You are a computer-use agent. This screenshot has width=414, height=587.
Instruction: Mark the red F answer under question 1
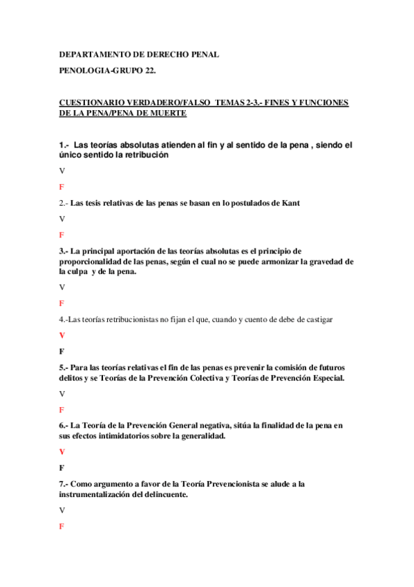[x=62, y=188]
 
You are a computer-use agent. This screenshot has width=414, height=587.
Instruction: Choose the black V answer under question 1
[x=62, y=170]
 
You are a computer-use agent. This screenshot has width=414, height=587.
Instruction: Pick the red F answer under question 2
[x=62, y=235]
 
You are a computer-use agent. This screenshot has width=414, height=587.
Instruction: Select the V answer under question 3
[x=62, y=287]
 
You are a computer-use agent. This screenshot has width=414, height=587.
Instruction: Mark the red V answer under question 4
[x=62, y=335]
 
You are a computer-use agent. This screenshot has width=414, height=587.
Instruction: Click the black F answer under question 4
[x=62, y=351]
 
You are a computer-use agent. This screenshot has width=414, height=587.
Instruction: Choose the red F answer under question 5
[x=62, y=410]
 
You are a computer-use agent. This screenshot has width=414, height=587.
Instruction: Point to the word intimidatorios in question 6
[x=123, y=436]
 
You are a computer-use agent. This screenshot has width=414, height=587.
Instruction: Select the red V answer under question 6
[x=62, y=451]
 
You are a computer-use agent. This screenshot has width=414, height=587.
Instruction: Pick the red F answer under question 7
[x=62, y=527]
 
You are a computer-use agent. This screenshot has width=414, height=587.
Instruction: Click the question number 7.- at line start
[x=64, y=484]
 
